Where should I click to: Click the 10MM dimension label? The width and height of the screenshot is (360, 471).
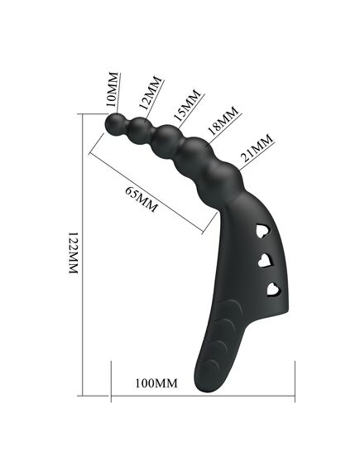[113, 89]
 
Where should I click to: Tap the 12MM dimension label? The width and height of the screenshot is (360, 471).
[150, 93]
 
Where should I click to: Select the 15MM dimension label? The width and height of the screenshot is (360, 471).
[187, 105]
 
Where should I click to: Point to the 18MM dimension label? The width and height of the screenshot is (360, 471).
[223, 121]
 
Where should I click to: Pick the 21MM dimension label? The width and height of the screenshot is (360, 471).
[257, 147]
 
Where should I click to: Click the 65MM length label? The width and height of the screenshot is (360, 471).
[141, 199]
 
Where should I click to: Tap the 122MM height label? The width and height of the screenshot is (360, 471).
[73, 252]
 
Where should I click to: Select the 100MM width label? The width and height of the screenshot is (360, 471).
[156, 383]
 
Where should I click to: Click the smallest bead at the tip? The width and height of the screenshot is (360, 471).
[115, 125]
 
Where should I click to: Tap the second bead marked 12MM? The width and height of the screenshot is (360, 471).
[138, 128]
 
